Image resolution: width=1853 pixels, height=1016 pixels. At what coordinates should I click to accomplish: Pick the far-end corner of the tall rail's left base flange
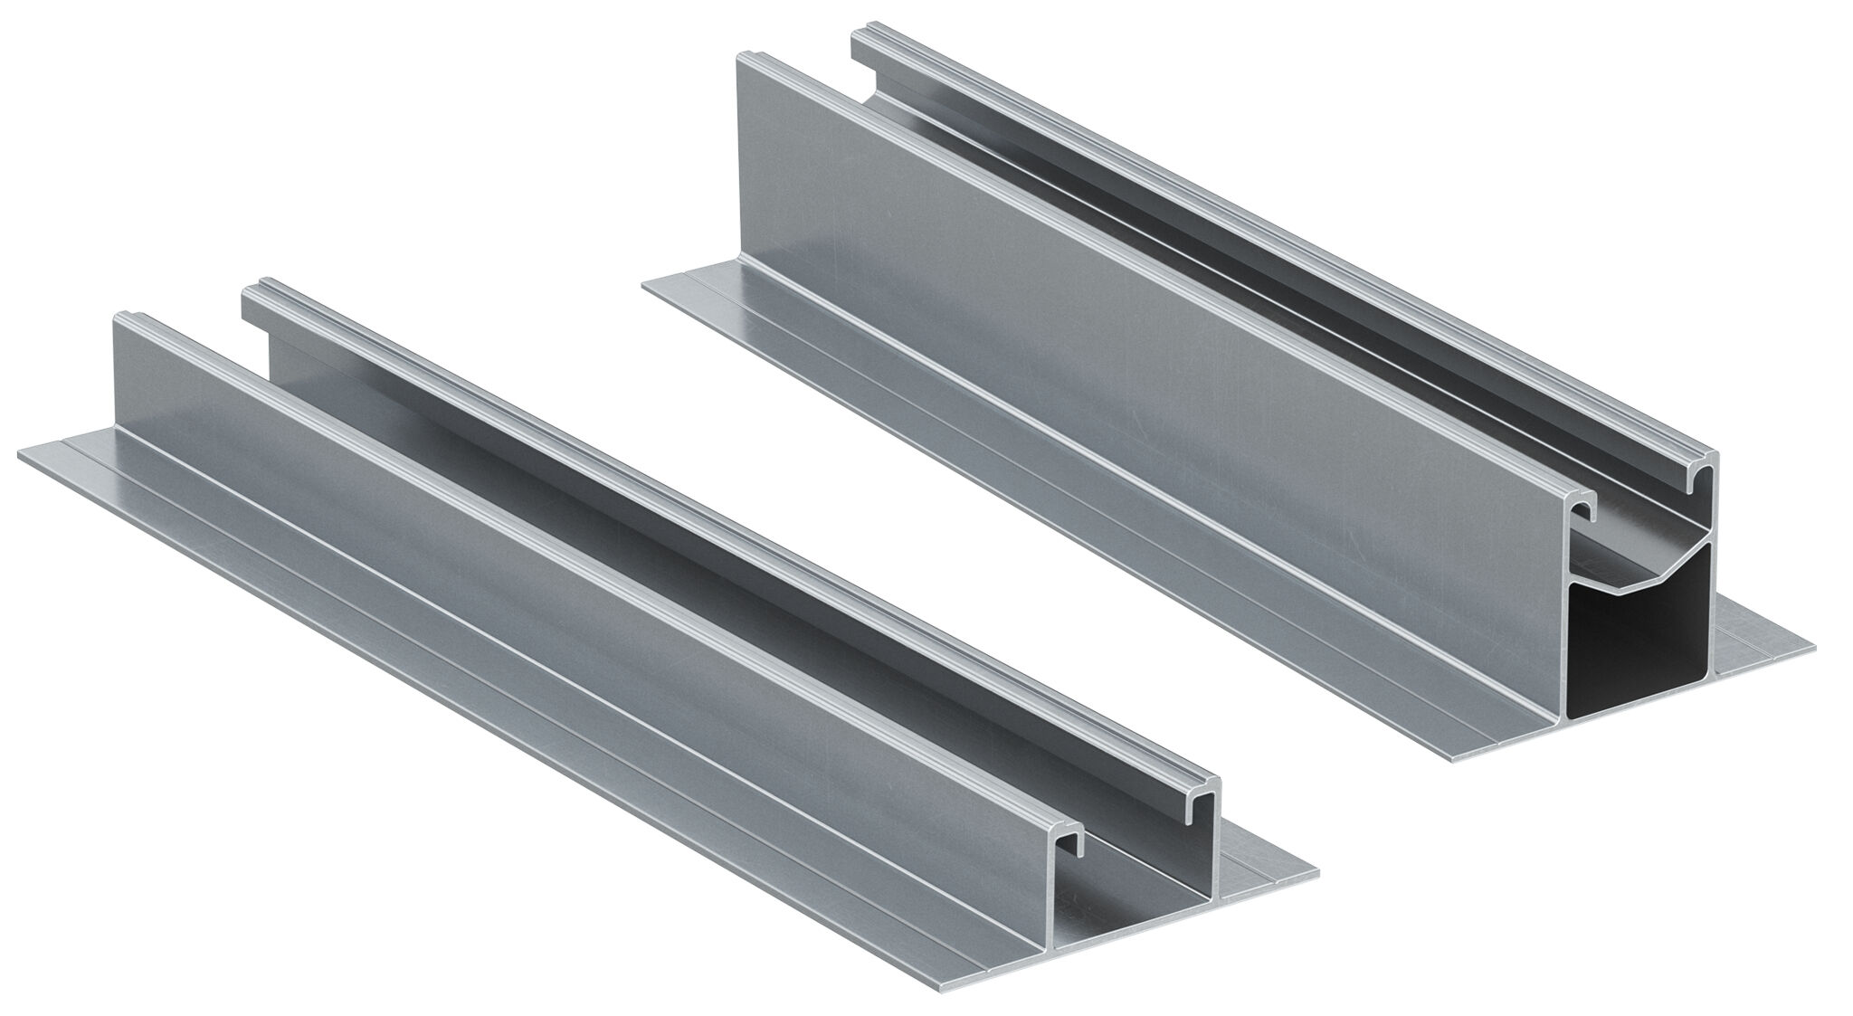tap(644, 287)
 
